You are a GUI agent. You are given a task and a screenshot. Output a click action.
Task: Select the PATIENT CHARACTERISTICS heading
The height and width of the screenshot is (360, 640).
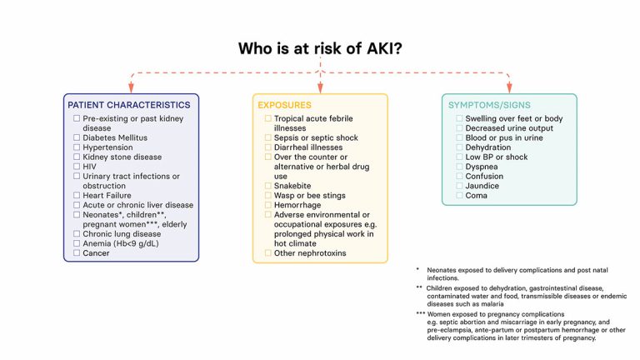[x=128, y=105]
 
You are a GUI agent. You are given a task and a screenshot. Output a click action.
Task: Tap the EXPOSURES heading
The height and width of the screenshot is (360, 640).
[x=284, y=106]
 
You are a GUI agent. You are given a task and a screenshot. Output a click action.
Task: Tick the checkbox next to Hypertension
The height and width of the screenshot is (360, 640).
[x=77, y=147]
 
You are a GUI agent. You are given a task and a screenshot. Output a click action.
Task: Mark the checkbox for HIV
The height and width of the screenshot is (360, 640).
[x=77, y=167]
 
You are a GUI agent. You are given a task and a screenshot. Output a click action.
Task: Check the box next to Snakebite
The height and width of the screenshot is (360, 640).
[x=268, y=186]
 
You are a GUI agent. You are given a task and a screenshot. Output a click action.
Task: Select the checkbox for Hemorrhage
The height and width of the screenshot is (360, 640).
[x=268, y=205]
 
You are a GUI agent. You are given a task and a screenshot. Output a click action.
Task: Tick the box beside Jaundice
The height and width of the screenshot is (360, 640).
[x=458, y=186]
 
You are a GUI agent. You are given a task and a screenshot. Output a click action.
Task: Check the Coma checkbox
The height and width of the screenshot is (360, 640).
[x=458, y=196]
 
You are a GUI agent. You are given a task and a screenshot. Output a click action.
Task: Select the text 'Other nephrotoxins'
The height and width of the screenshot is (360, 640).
[x=310, y=253]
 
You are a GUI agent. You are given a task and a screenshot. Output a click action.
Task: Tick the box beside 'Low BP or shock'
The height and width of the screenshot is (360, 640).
[x=458, y=157]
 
